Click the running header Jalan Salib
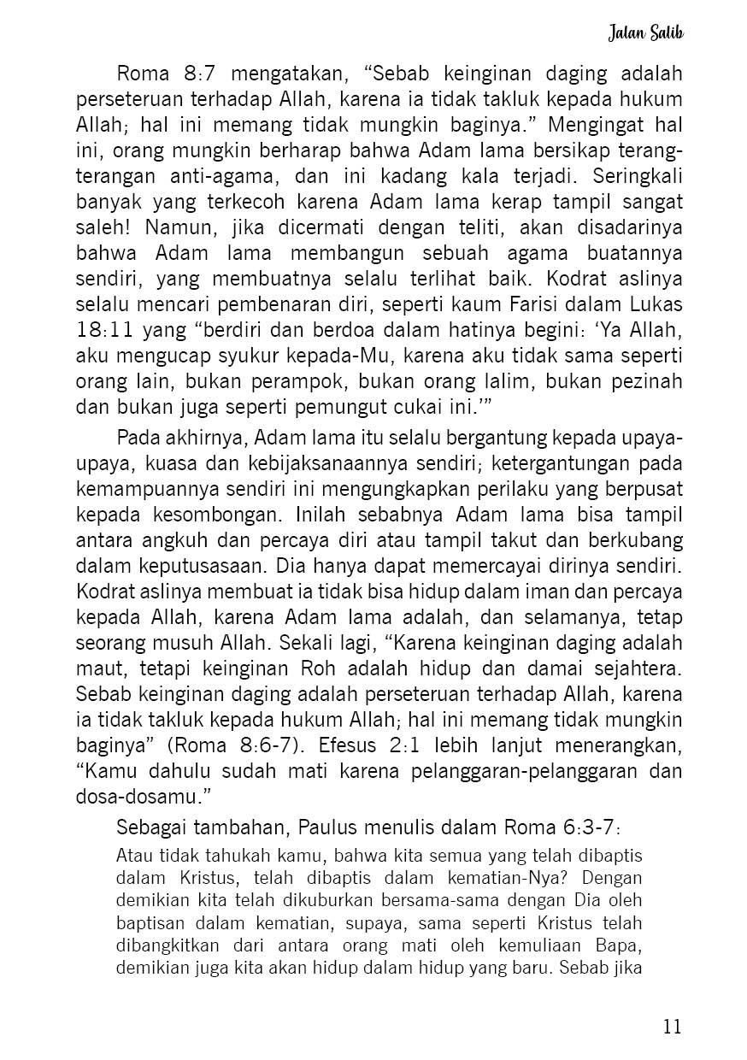[645, 33]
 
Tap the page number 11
[672, 1026]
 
